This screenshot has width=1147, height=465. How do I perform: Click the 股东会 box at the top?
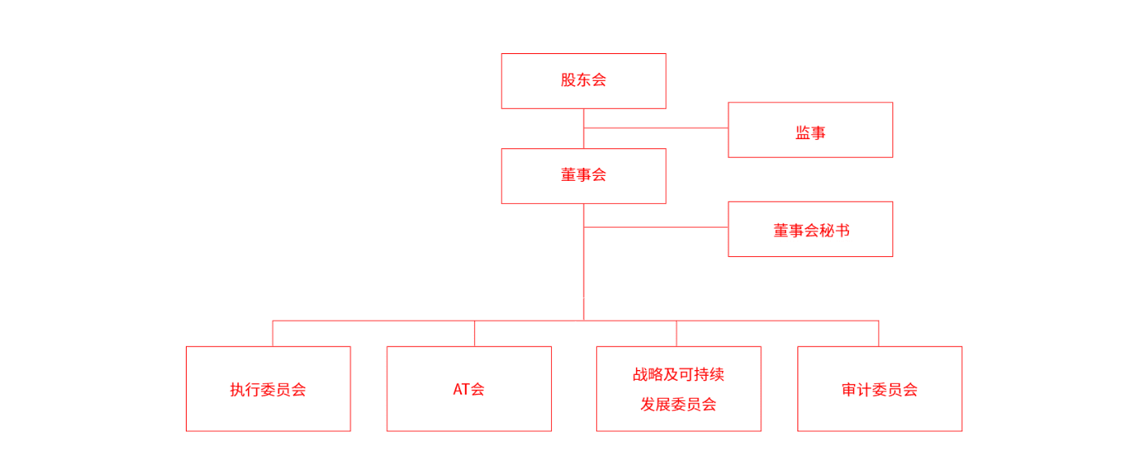tap(584, 81)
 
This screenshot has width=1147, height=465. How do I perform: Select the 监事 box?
tap(811, 130)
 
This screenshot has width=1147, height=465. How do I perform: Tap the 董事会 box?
tap(584, 176)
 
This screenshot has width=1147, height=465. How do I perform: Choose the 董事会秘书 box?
tap(811, 229)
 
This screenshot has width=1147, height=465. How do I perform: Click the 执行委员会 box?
tap(269, 389)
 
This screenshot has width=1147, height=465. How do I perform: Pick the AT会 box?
tap(469, 389)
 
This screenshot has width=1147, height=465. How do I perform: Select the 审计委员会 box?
tap(880, 389)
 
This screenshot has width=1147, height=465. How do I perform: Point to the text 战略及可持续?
tap(679, 374)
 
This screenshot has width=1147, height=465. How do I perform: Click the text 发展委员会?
tap(679, 404)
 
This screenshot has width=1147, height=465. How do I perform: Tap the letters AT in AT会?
tap(462, 390)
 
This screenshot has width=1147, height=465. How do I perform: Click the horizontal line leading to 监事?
tap(656, 128)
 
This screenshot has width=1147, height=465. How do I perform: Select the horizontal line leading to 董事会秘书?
tap(656, 227)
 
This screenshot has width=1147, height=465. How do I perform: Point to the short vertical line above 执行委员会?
tap(273, 333)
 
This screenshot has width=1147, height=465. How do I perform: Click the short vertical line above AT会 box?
tap(475, 333)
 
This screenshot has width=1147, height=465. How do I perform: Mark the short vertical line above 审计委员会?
tap(878, 333)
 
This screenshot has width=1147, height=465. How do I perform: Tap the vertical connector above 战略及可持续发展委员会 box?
tap(676, 333)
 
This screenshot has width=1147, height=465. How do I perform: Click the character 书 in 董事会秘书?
tap(842, 230)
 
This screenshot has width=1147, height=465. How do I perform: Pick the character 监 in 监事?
tap(803, 133)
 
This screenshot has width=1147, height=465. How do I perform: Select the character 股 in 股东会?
tap(568, 80)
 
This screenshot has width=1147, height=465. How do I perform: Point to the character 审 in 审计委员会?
tap(849, 390)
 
